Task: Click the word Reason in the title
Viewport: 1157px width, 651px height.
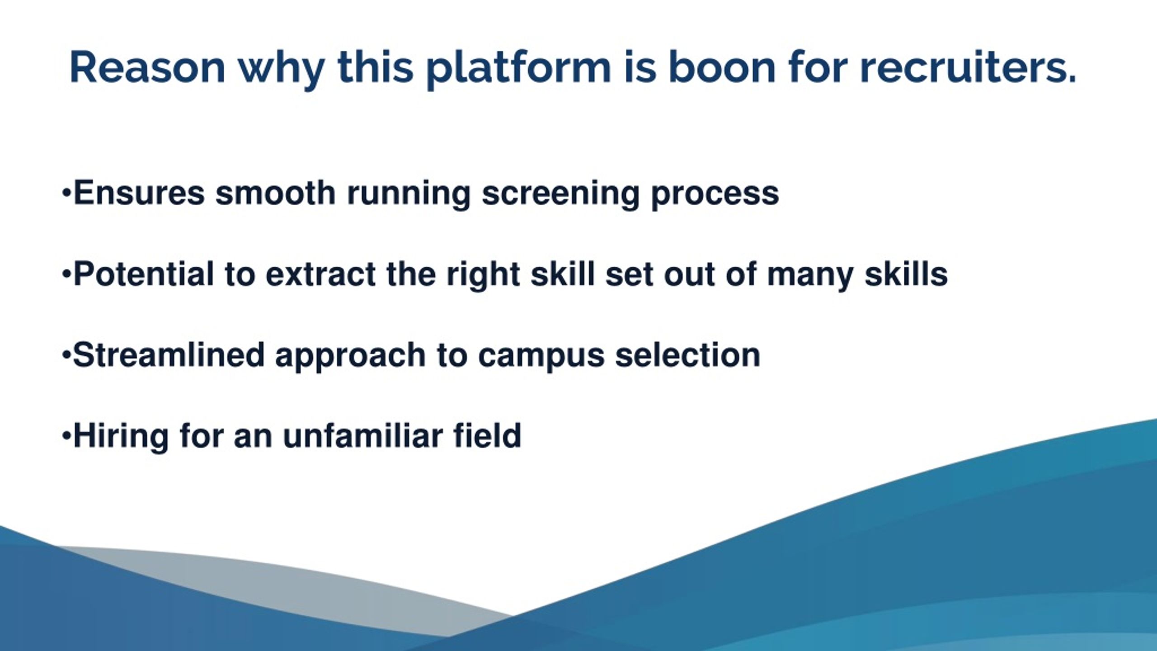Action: click(x=147, y=68)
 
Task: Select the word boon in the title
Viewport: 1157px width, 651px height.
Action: click(x=722, y=68)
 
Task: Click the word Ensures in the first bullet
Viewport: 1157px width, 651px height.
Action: click(x=139, y=193)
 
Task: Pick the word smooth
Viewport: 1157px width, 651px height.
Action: click(x=275, y=193)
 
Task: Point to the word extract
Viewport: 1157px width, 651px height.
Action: click(x=320, y=275)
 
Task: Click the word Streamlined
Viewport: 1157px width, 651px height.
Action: click(x=169, y=355)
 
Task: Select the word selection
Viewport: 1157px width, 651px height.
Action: click(x=688, y=355)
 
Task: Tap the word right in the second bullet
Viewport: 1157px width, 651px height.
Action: click(x=483, y=276)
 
